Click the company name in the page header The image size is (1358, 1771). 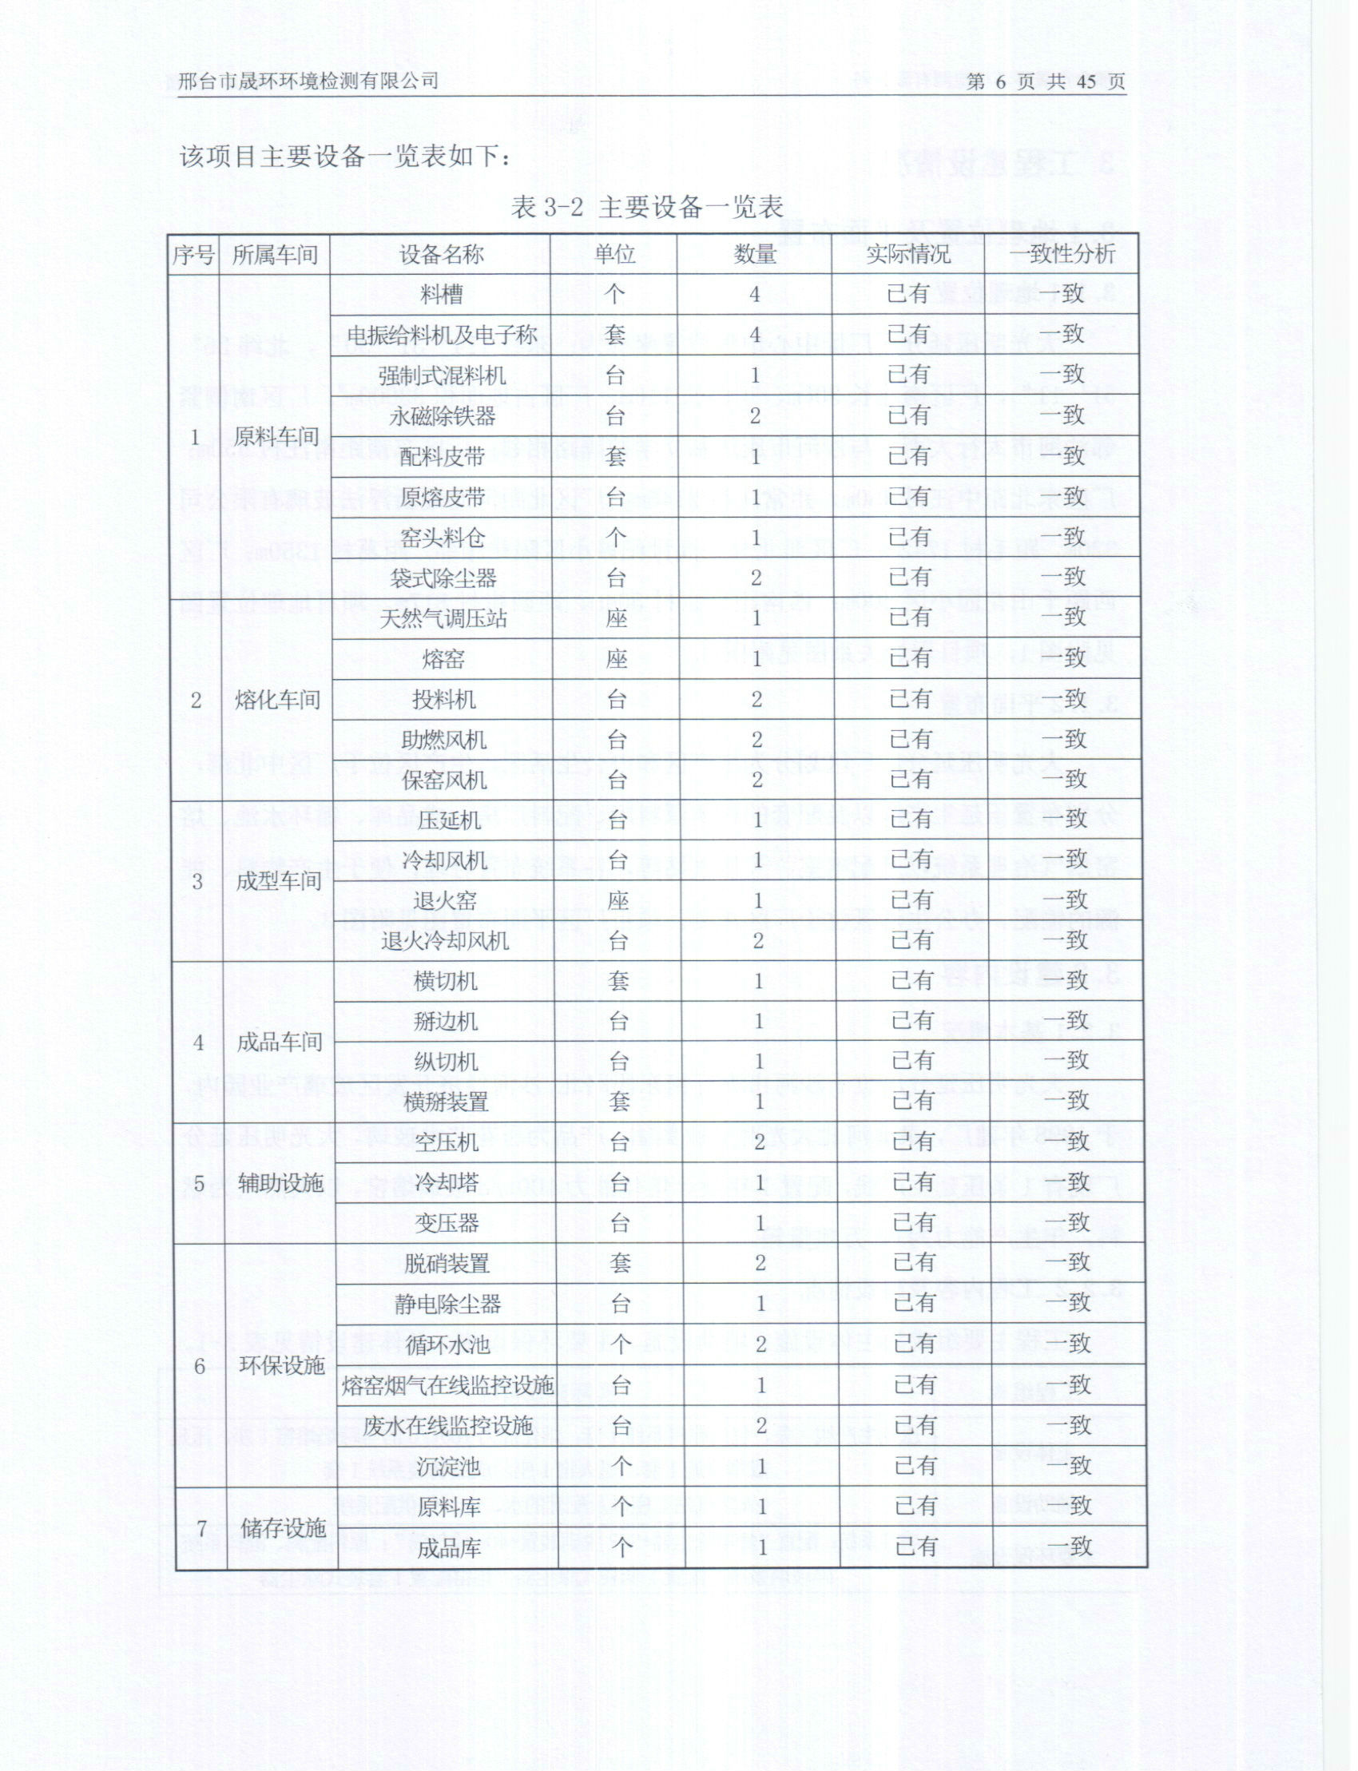308,81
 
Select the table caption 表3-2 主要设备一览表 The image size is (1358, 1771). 647,208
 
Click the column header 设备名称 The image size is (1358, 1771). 441,255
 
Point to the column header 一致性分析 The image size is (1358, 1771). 1062,254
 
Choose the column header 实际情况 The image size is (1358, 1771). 907,254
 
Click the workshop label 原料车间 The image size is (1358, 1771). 276,436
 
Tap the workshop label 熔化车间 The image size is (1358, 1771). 277,699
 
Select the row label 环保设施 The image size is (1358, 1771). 281,1365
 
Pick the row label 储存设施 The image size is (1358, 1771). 283,1527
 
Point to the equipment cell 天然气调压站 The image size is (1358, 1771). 443,618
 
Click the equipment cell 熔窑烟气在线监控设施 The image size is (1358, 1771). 447,1385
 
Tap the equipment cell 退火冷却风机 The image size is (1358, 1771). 445,941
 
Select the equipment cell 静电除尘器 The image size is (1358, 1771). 447,1304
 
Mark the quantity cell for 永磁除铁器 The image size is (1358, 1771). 755,416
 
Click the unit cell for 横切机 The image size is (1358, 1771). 618,980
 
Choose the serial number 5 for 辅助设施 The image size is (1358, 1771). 199,1183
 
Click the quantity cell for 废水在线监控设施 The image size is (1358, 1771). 760,1426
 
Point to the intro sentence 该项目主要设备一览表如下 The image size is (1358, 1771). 343,156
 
